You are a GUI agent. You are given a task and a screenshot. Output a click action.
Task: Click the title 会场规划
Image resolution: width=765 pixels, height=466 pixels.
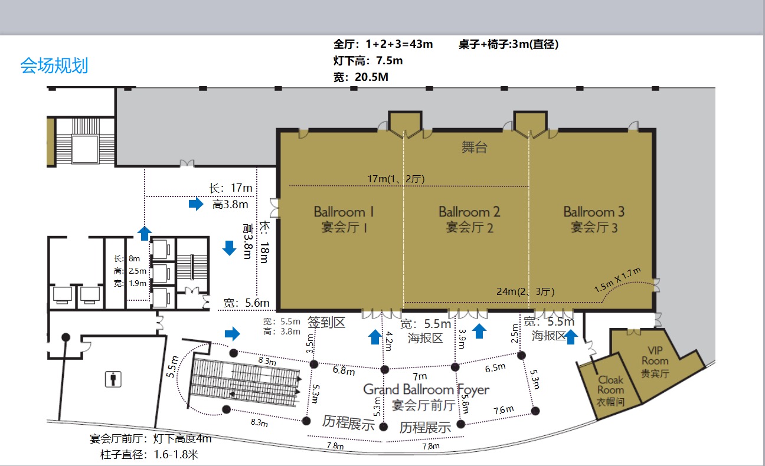(54, 65)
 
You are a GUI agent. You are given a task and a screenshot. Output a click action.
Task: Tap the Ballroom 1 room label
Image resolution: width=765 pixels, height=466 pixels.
(344, 219)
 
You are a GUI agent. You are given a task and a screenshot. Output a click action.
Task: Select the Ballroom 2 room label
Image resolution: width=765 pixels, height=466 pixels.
(469, 219)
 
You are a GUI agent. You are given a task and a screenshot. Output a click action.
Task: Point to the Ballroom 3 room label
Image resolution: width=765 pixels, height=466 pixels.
(594, 219)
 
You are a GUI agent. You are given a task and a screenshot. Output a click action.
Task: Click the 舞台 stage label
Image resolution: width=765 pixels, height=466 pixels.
(475, 147)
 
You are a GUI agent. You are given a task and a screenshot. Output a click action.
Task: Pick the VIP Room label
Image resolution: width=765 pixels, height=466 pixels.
(655, 362)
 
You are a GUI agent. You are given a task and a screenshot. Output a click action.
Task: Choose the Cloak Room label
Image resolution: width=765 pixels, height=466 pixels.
(610, 391)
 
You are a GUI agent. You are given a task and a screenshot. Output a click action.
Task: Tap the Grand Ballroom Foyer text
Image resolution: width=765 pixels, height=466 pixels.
(426, 389)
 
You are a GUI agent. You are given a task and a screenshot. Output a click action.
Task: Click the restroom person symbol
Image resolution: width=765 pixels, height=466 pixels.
(113, 379)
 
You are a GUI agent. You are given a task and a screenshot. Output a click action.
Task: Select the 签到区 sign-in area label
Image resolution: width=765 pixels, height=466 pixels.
(326, 322)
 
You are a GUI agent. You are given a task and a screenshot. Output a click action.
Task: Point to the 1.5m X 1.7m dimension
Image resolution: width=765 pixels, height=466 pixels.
(617, 280)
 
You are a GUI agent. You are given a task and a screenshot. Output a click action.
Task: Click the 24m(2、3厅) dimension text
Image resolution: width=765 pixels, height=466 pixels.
(525, 291)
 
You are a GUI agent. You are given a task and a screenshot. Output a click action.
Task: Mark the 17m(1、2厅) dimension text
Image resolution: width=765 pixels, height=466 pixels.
(396, 179)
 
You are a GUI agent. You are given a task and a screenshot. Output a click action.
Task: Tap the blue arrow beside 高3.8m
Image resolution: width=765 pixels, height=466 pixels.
(196, 204)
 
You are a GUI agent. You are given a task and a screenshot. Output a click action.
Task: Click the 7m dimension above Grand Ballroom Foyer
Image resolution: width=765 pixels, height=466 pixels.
(420, 376)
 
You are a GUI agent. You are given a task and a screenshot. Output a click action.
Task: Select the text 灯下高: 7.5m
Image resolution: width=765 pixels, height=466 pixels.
(368, 61)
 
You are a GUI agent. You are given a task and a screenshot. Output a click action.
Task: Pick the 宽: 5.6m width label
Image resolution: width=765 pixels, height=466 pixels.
(246, 303)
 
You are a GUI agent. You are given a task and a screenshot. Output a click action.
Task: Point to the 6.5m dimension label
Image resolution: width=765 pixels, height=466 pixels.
(495, 367)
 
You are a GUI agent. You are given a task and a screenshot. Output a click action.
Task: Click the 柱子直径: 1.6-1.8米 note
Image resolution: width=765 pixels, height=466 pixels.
(149, 455)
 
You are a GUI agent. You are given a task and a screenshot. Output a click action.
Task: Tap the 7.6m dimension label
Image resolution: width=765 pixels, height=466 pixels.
(504, 410)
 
